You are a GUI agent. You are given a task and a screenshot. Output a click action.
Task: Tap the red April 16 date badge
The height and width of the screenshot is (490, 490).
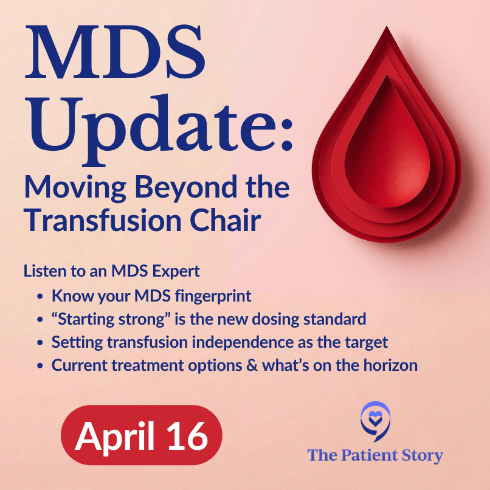click(142, 435)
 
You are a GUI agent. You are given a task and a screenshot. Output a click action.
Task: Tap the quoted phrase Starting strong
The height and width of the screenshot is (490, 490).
click(100, 319)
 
